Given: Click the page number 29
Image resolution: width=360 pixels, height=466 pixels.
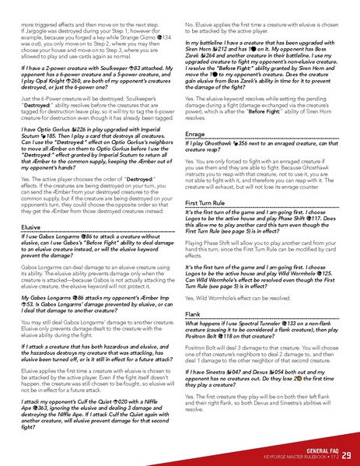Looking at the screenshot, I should pyautogui.click(x=345, y=454).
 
